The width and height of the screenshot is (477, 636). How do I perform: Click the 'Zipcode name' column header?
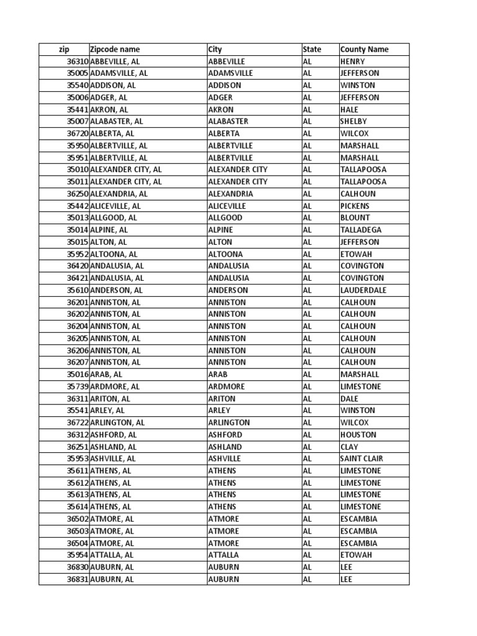click(115, 50)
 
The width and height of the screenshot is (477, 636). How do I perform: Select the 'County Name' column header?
click(364, 50)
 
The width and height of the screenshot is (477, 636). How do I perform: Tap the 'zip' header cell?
click(64, 50)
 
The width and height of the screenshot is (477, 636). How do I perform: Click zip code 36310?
click(78, 61)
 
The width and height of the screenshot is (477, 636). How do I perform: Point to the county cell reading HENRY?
click(353, 61)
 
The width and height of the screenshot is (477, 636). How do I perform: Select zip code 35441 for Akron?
click(78, 109)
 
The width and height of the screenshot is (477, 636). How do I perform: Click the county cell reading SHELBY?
click(353, 122)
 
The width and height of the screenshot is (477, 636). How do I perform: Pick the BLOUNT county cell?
click(355, 218)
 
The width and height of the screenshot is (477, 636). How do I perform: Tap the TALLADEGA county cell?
click(360, 230)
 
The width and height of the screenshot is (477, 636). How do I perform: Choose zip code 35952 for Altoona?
click(78, 254)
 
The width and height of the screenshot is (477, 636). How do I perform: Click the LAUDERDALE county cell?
click(363, 290)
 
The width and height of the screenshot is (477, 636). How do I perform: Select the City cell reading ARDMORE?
click(226, 386)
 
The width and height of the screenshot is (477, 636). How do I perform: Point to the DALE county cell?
click(349, 399)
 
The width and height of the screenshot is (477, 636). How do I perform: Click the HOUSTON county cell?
click(357, 435)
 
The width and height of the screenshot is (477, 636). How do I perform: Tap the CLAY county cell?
click(349, 447)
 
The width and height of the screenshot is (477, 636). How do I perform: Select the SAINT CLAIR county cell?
click(361, 458)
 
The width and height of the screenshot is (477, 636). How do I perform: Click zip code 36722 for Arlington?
click(78, 422)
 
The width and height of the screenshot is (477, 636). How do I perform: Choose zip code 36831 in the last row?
click(78, 579)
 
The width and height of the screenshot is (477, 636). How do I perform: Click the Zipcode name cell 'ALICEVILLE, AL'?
click(116, 206)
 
